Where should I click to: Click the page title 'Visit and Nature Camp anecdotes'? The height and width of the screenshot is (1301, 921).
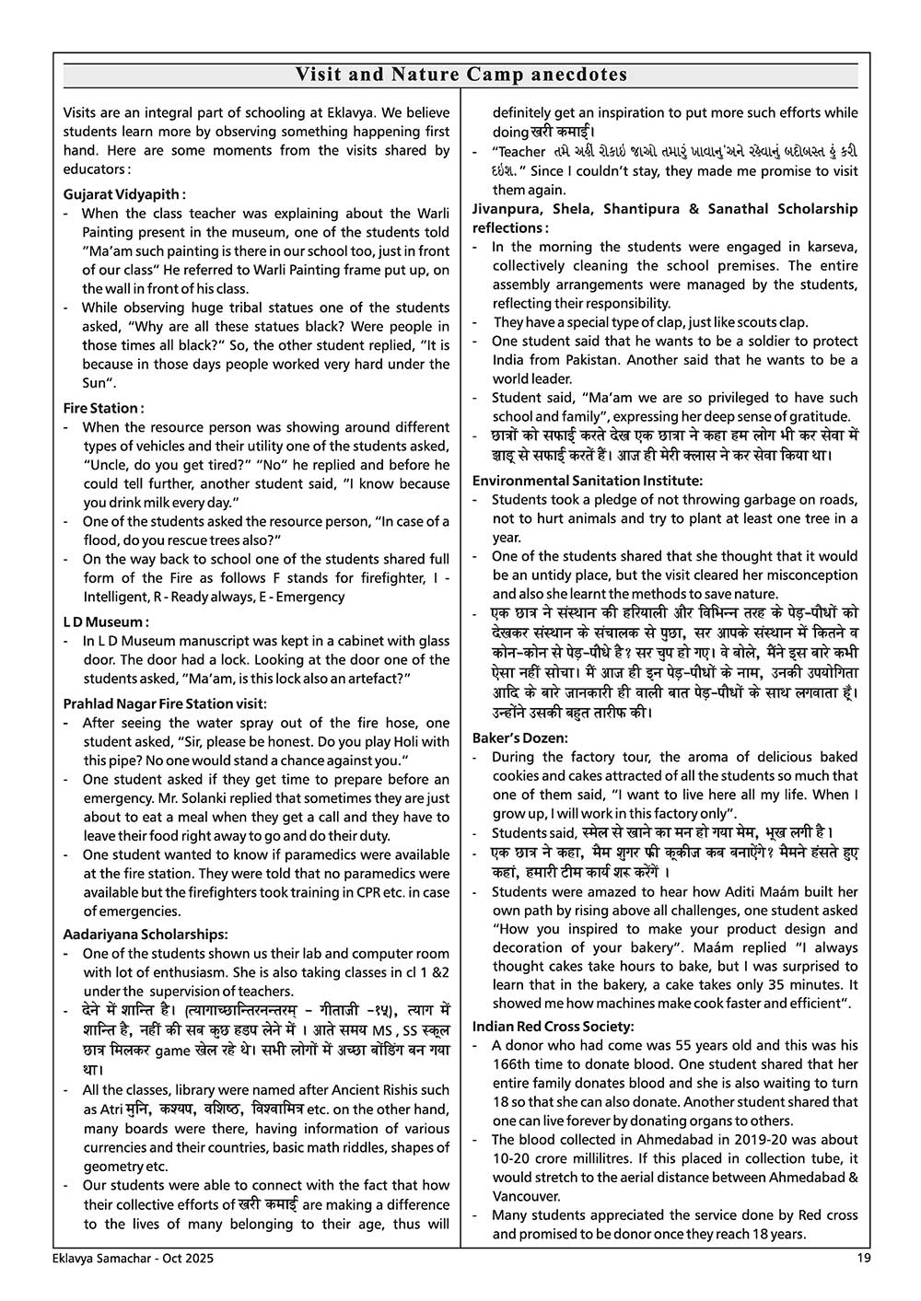tap(460, 75)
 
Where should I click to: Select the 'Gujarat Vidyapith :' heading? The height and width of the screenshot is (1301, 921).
tap(124, 194)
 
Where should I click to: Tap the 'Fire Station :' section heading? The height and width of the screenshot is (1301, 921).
tap(103, 408)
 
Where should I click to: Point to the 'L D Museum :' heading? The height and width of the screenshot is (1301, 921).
tap(106, 621)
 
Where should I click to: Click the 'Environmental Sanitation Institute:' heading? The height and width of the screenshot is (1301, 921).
tap(588, 481)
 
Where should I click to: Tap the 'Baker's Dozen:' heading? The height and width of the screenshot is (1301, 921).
tap(520, 738)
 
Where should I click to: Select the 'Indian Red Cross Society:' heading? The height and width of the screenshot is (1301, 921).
tap(554, 1027)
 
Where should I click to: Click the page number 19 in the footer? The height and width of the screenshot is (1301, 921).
tap(863, 1259)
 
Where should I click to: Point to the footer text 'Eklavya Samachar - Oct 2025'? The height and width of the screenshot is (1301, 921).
tap(125, 1259)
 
